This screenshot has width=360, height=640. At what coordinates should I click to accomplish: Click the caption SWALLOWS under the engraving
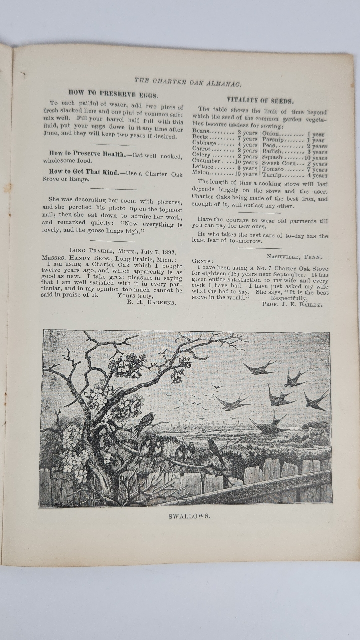189,516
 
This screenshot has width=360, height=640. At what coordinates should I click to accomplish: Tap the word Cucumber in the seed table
207,161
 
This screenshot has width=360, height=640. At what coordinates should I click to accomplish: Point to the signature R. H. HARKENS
151,302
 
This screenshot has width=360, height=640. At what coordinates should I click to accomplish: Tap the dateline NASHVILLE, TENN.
294,257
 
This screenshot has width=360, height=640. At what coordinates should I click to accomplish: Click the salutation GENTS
202,261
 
